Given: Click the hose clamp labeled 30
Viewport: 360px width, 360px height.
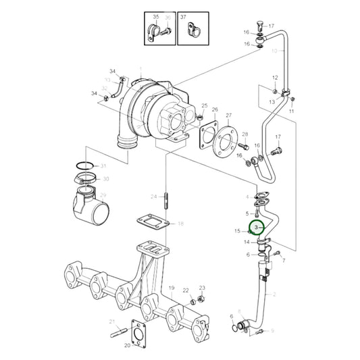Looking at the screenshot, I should [88, 180].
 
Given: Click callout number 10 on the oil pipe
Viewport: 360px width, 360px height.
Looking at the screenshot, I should [274, 50].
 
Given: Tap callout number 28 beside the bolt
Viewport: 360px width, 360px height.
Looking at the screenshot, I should [245, 134].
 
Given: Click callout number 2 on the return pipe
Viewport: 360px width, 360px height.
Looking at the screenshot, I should [274, 294].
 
